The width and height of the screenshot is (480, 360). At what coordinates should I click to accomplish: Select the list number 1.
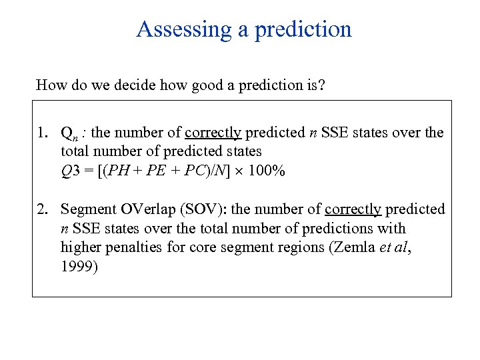(42, 133)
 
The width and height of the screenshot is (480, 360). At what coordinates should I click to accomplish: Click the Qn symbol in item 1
(67, 133)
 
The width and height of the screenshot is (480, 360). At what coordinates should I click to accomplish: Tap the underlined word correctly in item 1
(213, 133)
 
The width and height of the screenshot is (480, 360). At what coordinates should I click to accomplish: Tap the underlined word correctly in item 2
(353, 209)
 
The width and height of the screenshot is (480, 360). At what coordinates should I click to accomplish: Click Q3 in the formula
(69, 171)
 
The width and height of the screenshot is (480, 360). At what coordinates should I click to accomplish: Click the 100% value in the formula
(267, 171)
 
